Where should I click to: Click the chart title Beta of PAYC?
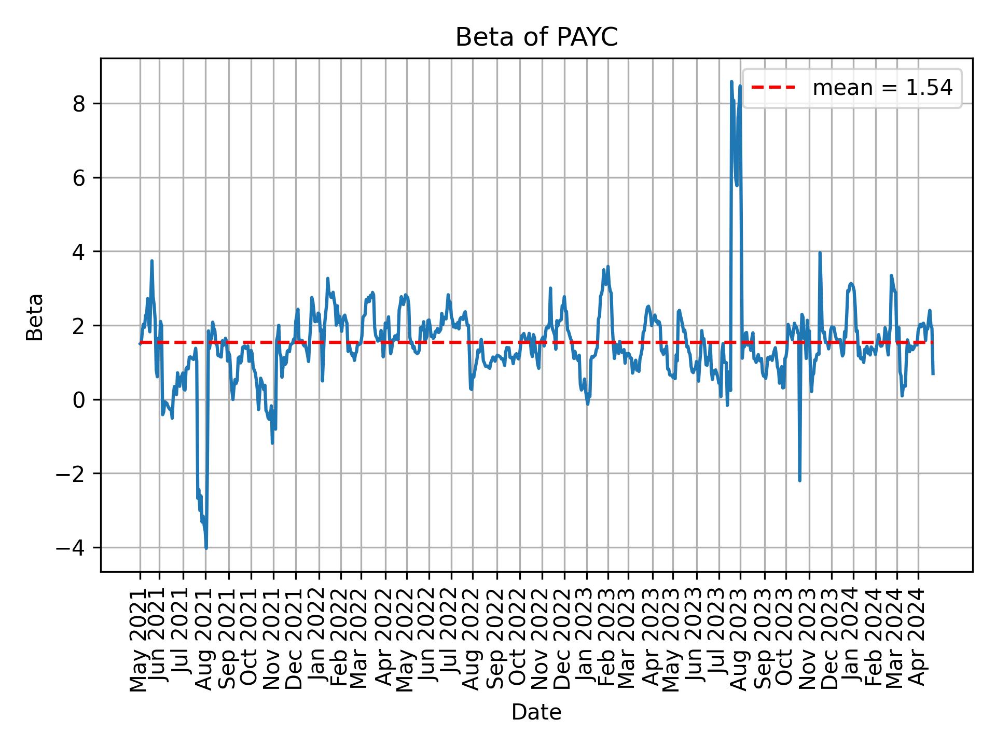click(536, 37)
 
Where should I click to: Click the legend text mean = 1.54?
click(882, 88)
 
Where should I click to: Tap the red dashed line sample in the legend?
click(773, 88)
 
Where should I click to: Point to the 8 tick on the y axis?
click(79, 104)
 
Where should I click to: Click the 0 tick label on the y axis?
click(79, 400)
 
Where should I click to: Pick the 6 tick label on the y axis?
click(79, 178)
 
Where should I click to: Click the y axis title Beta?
click(35, 317)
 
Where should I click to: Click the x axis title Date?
click(536, 712)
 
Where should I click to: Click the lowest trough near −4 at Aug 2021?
click(206, 548)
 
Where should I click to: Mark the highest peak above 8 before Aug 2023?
click(731, 82)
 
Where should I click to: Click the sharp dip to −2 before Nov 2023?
click(799, 480)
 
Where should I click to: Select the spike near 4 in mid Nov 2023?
click(820, 253)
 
